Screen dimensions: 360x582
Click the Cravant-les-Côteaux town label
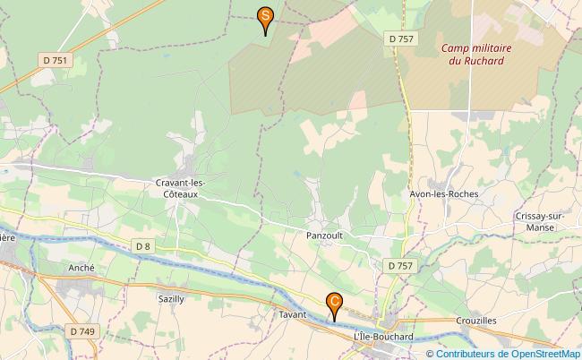pos(181,188)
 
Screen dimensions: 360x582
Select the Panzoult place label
pos(324,236)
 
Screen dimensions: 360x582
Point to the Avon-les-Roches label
pos(442,193)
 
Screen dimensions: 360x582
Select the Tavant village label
pos(293,315)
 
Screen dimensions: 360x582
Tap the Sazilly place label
pos(170,299)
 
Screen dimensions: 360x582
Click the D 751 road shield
pos(55,60)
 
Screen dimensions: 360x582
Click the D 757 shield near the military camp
pos(401,39)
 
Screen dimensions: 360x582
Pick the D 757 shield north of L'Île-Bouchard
pos(400,266)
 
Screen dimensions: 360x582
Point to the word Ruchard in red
pos(483,61)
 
